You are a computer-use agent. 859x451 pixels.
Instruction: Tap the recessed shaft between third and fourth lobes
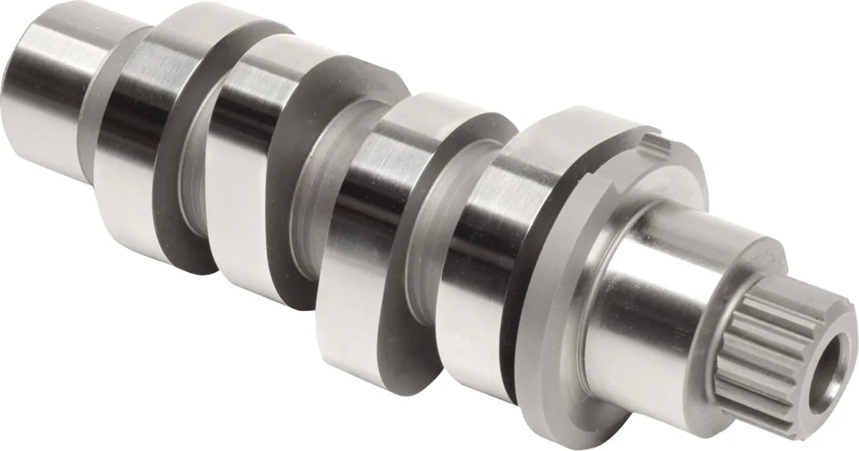(423, 278)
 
